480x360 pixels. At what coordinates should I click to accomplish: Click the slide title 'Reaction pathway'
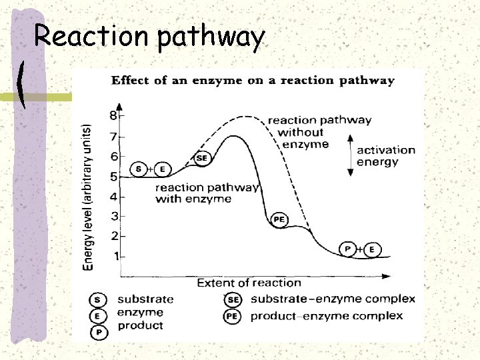[149, 37]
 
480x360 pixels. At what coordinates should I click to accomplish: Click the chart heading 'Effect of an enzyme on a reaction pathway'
[252, 81]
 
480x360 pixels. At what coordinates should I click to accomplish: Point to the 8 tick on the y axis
[113, 116]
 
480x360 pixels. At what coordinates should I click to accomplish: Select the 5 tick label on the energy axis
[113, 177]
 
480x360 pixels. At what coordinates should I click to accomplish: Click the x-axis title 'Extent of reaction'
[249, 283]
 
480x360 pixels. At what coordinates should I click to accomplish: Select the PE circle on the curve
[279, 219]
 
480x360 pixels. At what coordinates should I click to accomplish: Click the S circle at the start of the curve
[138, 169]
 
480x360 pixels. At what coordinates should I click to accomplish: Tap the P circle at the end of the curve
[347, 249]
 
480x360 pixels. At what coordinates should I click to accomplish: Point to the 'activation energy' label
[386, 156]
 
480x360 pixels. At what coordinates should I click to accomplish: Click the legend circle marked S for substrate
[99, 300]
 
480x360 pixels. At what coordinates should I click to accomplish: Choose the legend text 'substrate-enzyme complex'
[333, 299]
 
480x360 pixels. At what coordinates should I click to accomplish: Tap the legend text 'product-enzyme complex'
[326, 315]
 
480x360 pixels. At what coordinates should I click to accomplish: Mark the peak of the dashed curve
[248, 116]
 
